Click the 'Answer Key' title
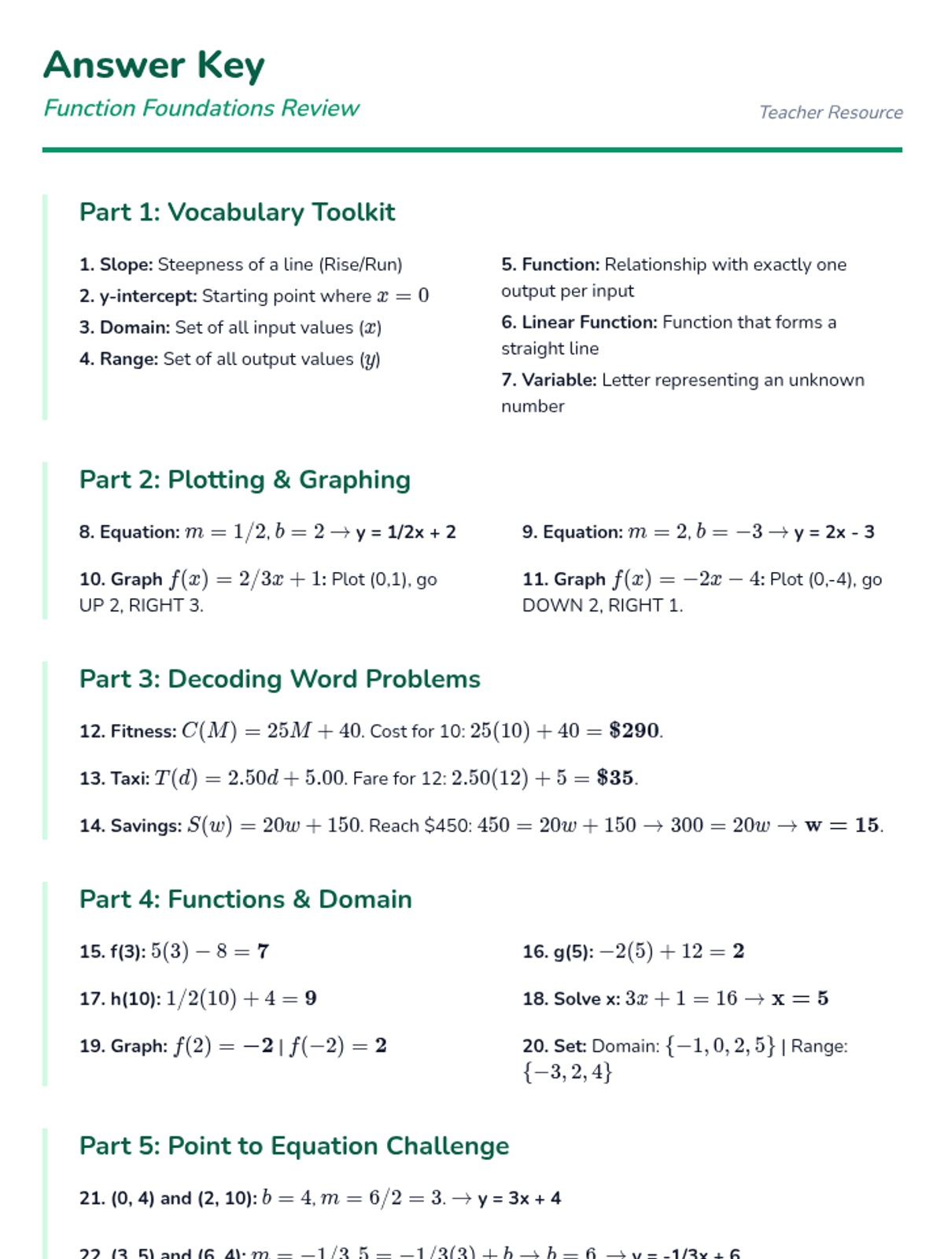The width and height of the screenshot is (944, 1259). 154,65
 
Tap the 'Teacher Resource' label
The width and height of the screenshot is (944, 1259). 831,113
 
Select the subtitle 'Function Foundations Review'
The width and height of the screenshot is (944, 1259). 201,108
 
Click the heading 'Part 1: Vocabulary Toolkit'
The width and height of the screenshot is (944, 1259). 237,212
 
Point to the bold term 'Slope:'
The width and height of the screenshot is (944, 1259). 126,264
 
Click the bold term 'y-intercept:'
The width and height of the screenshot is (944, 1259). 148,296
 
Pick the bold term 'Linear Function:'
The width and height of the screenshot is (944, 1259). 589,322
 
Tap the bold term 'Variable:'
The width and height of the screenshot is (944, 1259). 559,380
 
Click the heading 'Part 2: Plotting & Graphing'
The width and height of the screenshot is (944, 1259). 245,480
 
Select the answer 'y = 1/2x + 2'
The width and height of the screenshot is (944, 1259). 406,532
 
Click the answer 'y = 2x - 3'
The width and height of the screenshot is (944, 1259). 834,532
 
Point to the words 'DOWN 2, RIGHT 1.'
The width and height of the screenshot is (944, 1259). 603,605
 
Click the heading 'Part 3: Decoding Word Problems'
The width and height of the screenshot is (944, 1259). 279,679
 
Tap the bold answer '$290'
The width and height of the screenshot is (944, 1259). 634,730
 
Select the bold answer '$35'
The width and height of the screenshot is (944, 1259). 615,777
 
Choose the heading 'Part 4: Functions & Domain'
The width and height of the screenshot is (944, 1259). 245,899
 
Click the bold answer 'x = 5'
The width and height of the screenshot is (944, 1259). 800,998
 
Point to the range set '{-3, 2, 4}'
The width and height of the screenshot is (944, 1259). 567,1072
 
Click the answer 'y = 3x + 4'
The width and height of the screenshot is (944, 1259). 519,1198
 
